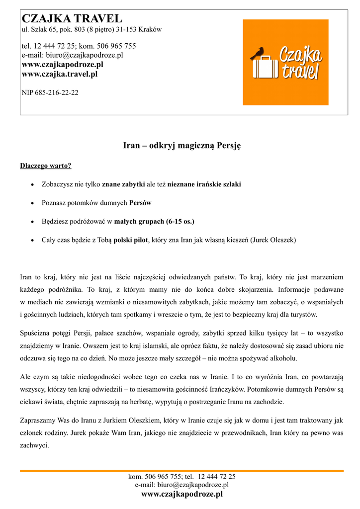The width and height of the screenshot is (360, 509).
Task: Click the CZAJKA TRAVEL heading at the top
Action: tap(72, 19)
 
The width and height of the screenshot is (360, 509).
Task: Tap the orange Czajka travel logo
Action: tap(285, 62)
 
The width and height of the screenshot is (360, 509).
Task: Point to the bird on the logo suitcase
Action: tap(258, 53)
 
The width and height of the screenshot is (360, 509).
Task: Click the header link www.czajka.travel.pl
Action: tap(60, 74)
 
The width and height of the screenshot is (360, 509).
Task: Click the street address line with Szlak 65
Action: tap(91, 30)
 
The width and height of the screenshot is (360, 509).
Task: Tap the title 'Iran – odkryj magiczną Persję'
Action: tap(181, 146)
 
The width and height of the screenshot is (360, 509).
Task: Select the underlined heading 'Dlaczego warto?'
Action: tap(46, 166)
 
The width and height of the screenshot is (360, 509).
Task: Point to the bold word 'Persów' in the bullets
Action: tap(140, 203)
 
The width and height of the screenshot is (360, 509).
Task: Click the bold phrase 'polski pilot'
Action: tap(131, 240)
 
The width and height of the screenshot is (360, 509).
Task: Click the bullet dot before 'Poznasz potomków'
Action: tap(32, 203)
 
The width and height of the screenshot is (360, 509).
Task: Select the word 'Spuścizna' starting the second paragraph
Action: tap(36, 333)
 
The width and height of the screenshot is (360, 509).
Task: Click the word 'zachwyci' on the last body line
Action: tap(33, 445)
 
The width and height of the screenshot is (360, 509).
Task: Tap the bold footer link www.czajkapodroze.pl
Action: tap(182, 494)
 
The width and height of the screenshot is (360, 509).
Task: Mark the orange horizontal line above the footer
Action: tap(181, 470)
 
